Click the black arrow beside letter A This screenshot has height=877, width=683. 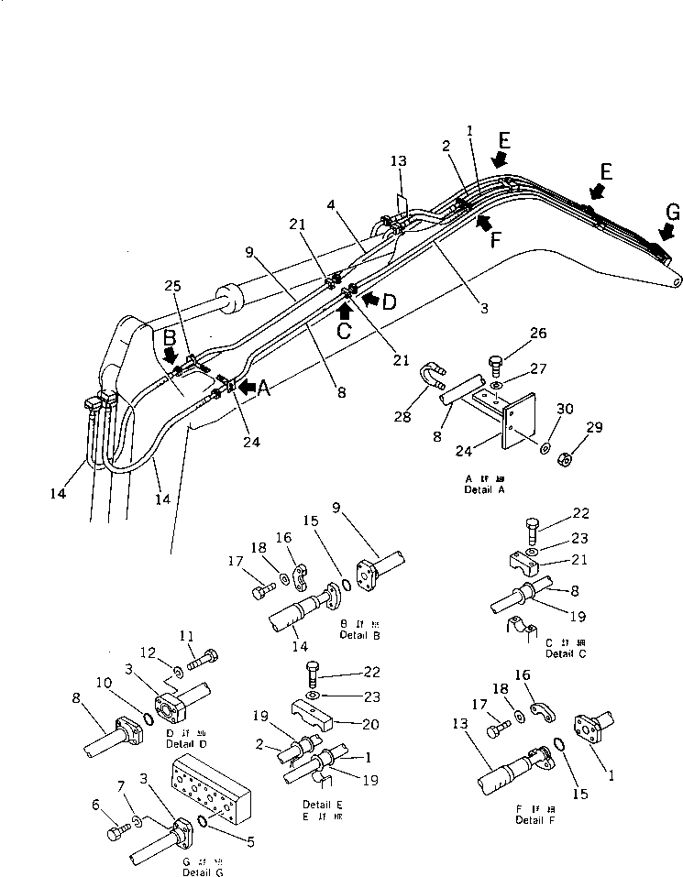coord(246,387)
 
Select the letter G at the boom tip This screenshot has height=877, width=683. coord(673,212)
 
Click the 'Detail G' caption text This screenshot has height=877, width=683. coord(202,870)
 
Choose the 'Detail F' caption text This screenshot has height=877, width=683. coord(534,819)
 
